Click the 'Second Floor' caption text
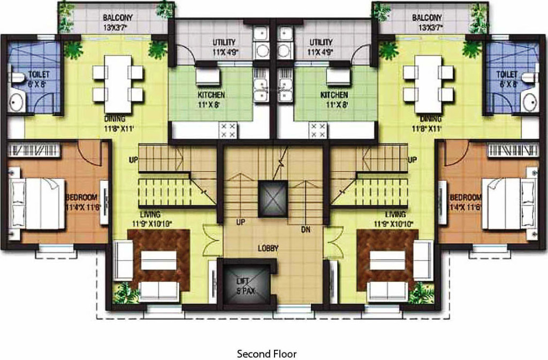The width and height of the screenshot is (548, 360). pos(267,354)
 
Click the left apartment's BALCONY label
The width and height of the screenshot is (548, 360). pos(118,17)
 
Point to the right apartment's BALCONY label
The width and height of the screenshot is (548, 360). pos(427,17)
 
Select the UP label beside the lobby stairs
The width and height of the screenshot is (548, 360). pos(241,221)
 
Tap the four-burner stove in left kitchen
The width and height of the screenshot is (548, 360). pos(229,130)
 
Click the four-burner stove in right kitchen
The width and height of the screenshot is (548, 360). pos(318,130)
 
